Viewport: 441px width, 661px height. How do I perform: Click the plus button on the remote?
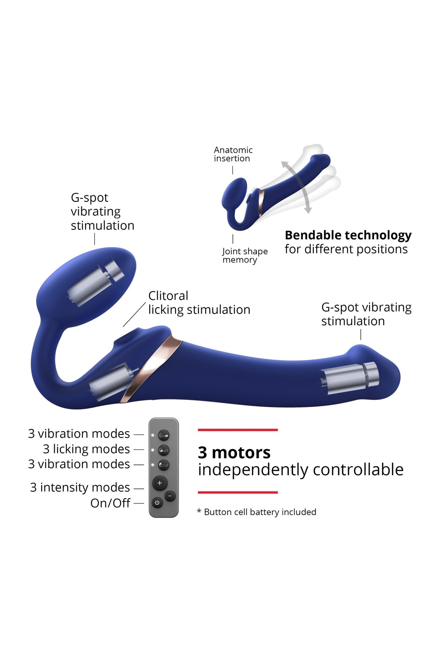click(x=160, y=483)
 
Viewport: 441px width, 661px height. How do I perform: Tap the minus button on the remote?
click(x=170, y=496)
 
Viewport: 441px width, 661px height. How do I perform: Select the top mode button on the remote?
click(x=164, y=435)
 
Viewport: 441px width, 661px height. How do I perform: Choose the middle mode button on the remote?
click(x=164, y=450)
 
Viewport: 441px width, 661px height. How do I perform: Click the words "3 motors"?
click(x=234, y=452)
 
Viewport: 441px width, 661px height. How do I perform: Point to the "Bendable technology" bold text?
click(x=348, y=235)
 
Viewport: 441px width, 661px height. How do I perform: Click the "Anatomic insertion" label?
click(x=233, y=154)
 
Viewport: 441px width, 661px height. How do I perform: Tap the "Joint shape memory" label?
click(x=245, y=255)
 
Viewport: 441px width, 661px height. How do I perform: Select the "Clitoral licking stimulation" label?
click(x=199, y=303)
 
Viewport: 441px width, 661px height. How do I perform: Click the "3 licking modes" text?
click(x=86, y=449)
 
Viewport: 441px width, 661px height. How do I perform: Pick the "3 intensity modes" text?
click(x=80, y=488)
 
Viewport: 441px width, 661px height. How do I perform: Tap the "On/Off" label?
click(x=110, y=503)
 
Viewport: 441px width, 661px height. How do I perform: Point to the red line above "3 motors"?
click(x=238, y=430)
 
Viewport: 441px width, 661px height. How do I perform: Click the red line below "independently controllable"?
click(x=238, y=492)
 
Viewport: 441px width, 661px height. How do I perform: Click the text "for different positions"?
click(x=346, y=249)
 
